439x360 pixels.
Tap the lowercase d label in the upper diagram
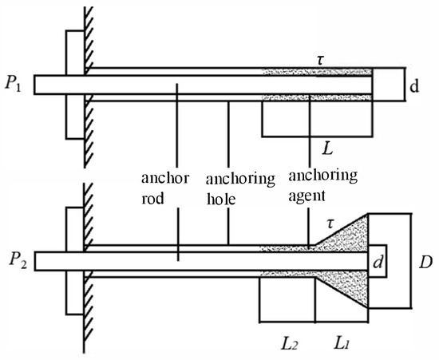414,86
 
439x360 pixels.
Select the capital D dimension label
425,262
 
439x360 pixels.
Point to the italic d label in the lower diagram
378,262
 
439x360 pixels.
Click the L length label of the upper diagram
327,148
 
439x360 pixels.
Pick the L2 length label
289,344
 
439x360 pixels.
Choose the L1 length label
342,344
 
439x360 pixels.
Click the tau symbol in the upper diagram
321,61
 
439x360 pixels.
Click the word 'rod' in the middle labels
152,199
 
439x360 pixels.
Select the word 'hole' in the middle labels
221,200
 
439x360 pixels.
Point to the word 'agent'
307,196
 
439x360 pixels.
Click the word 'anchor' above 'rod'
165,178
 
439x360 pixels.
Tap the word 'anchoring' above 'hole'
240,180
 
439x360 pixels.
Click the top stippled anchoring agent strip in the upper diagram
317,72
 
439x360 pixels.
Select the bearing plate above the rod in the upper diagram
75,53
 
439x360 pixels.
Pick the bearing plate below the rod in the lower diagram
75,292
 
